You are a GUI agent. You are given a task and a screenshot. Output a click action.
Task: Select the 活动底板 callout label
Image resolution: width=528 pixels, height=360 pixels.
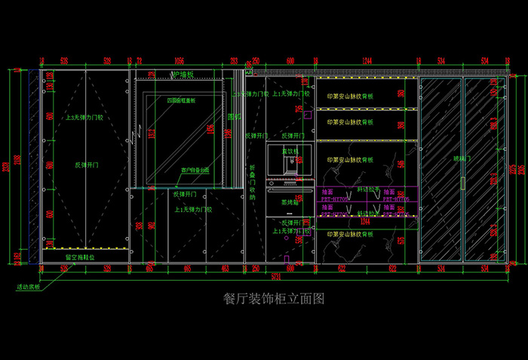(x=29, y=288)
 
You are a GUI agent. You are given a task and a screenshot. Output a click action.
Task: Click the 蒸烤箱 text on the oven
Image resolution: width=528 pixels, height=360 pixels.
(x=290, y=203)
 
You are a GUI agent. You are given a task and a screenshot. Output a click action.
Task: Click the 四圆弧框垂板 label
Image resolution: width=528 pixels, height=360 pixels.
(x=181, y=100)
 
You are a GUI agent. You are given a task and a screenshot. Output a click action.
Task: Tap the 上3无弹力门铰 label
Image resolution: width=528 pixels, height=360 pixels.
(x=84, y=118)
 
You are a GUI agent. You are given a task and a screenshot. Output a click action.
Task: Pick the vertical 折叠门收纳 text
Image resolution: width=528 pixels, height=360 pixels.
(x=253, y=181)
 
